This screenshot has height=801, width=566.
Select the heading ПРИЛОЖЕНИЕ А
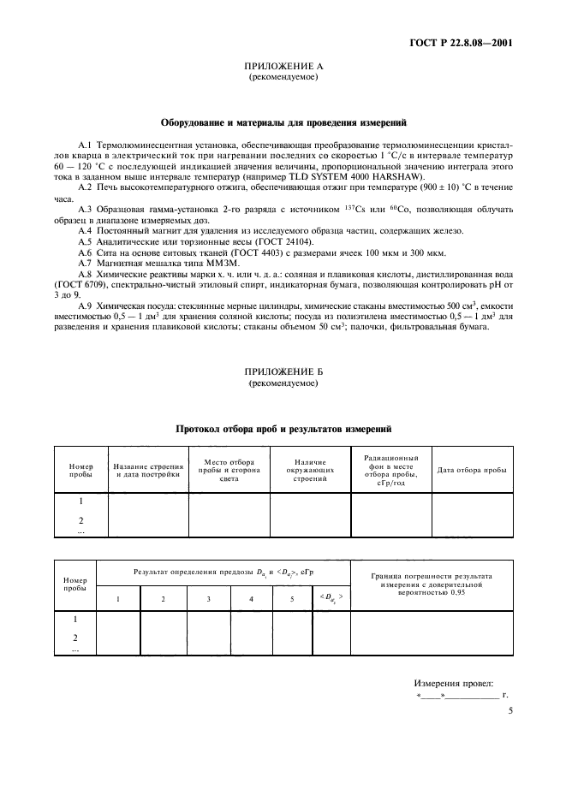(x=283, y=66)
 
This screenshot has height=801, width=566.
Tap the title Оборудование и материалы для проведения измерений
(x=283, y=122)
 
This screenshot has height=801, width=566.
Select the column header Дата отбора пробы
(x=472, y=470)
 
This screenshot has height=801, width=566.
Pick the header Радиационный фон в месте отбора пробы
(x=390, y=469)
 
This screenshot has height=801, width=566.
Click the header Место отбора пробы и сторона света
(x=229, y=469)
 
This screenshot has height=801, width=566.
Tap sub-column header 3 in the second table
(x=208, y=598)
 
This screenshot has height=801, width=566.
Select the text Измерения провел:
(x=455, y=683)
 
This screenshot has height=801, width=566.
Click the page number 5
(x=510, y=710)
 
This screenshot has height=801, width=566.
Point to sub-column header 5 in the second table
(x=291, y=598)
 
